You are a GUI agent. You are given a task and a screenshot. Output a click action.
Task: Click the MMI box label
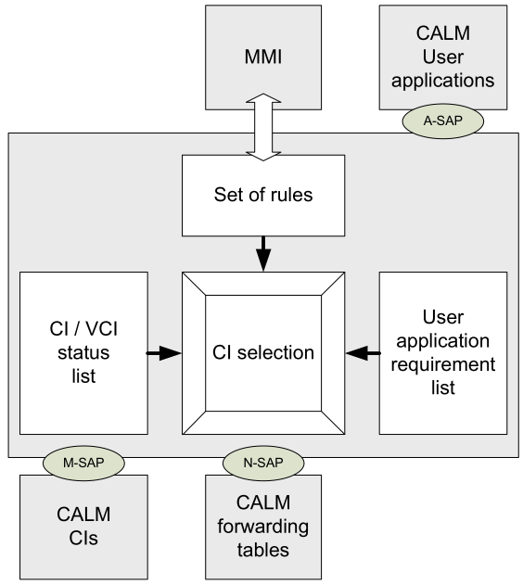pos(263,57)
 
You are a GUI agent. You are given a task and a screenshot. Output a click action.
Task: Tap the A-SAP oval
pos(443,121)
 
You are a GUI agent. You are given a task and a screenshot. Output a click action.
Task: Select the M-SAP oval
pos(83,463)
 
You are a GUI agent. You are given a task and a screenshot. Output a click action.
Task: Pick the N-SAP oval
pos(263,463)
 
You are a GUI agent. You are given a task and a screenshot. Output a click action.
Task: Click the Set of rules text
pos(263,195)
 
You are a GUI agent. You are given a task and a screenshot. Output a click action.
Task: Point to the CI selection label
pos(263,352)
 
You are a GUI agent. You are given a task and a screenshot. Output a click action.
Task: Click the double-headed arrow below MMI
pos(263,127)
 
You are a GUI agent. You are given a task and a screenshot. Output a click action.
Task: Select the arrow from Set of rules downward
pos(263,253)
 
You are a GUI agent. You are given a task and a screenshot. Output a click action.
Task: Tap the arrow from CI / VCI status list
pos(163,353)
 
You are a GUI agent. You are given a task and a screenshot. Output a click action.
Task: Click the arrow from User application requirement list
pos(363,353)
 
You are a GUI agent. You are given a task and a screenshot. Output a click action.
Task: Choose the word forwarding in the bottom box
pos(263,527)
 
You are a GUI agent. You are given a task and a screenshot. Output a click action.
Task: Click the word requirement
pos(443,364)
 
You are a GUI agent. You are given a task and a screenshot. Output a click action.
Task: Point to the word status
pos(83,352)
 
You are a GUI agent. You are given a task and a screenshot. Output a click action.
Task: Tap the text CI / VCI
pos(83,329)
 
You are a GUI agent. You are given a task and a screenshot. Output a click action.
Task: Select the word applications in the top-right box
pos(443,81)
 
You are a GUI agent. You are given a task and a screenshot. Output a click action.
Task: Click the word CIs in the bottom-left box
pos(83,538)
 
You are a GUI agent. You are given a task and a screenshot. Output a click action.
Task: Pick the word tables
pos(263,550)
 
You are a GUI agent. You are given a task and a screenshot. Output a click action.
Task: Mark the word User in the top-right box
pos(443,57)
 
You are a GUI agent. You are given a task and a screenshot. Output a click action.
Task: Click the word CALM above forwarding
pos(263,502)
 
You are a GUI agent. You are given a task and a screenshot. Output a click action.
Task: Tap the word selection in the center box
pos(275,352)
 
